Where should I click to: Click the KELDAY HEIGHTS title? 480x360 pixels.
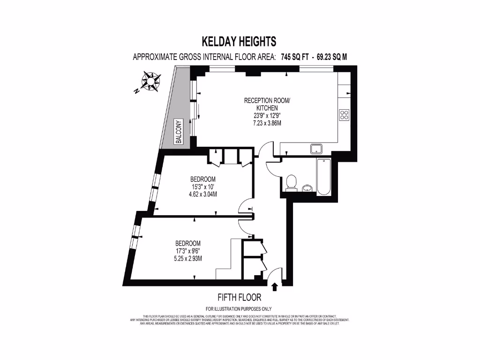239,42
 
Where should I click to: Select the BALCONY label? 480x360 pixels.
179,132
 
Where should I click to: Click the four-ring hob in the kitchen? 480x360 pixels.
344,114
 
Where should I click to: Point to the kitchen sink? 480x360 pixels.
315,149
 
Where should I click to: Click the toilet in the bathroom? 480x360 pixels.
292,182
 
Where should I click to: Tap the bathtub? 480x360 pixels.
323,177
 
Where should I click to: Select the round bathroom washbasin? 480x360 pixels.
307,188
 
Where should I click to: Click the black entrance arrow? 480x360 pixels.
274,286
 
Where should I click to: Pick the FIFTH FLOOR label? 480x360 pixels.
239,297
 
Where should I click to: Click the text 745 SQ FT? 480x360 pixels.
295,57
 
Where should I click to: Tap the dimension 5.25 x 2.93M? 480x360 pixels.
188,258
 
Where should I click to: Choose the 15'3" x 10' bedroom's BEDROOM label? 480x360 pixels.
203,179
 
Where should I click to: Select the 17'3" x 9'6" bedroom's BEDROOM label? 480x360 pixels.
188,243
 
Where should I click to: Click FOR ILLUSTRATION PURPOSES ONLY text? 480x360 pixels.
239,309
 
